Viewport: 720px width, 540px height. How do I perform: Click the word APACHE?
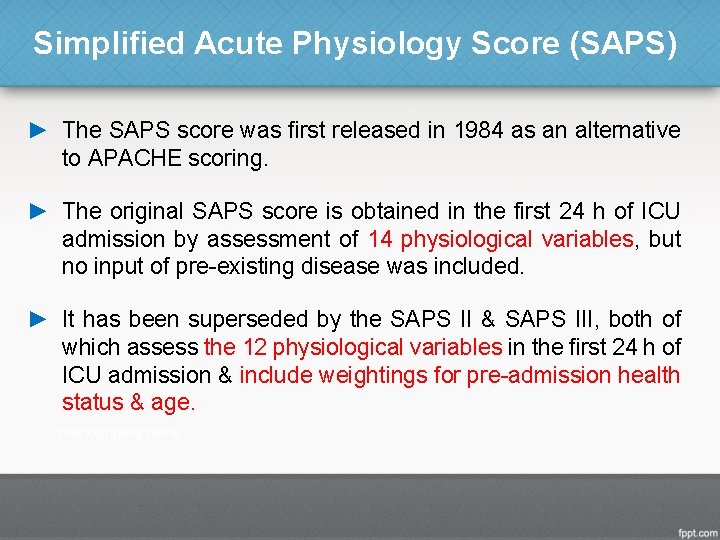[x=130, y=157]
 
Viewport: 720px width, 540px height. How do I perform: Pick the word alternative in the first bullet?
[x=628, y=130]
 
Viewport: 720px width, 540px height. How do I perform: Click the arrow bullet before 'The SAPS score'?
[x=38, y=130]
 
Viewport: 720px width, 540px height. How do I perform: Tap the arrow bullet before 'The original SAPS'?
[x=38, y=211]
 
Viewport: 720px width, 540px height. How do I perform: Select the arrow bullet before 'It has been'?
[x=38, y=319]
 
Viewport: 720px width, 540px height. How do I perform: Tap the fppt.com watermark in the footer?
[x=694, y=527]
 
